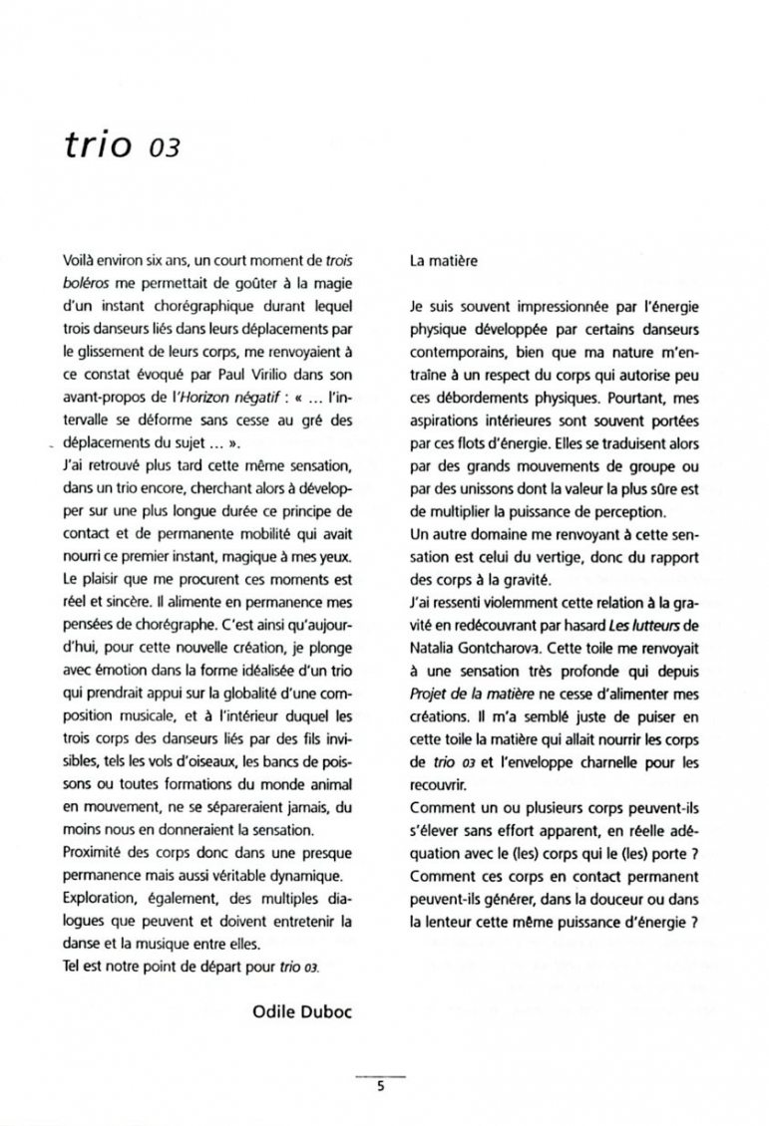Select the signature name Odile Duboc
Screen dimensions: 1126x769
point(303,1011)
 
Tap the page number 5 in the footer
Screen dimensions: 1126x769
point(381,1086)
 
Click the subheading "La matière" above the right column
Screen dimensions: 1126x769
point(444,262)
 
